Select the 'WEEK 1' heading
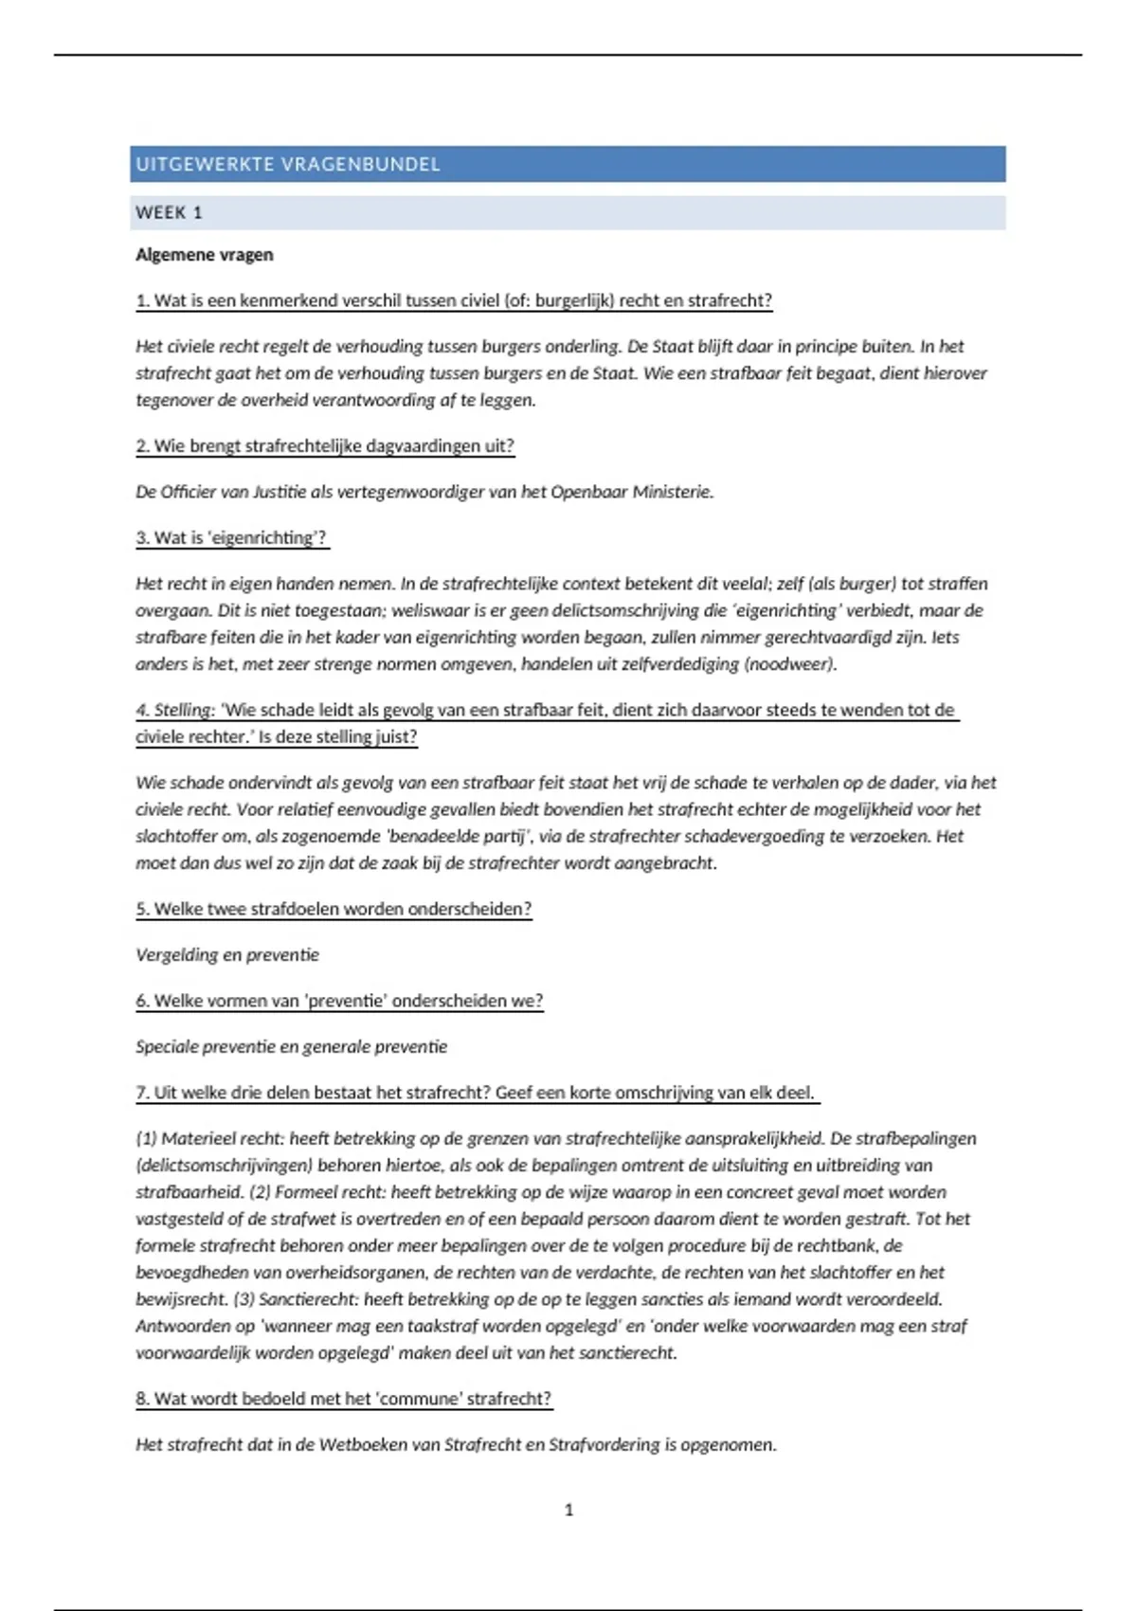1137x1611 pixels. [x=169, y=213]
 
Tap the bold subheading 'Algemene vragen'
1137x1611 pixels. [x=204, y=255]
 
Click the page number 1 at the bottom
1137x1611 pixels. [x=568, y=1510]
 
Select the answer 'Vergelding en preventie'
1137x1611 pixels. [x=227, y=955]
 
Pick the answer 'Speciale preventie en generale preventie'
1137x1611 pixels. [x=291, y=1047]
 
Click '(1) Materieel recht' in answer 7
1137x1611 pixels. [x=209, y=1139]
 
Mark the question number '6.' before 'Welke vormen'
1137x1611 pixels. [x=143, y=1002]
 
